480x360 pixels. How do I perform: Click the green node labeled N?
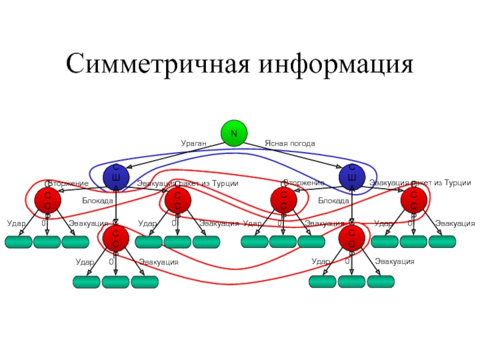[x=233, y=133]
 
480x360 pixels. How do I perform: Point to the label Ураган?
[x=194, y=144]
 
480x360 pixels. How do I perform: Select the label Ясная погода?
[x=290, y=144]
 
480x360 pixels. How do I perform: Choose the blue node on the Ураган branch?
[x=115, y=176]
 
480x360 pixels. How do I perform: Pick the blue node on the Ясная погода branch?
[x=352, y=176]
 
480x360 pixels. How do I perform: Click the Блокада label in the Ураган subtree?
[x=98, y=200]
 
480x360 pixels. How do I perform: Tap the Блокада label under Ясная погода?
[x=334, y=200]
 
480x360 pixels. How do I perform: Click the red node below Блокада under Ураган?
[x=115, y=238]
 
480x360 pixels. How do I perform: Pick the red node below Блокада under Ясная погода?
[x=352, y=238]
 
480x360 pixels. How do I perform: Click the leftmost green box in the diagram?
[x=19, y=242]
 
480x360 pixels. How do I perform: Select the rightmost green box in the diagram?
[x=442, y=242]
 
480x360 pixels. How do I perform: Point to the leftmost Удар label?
[x=16, y=224]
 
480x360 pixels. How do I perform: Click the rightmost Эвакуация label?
[x=455, y=224]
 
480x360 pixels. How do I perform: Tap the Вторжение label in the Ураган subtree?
[x=68, y=183]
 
